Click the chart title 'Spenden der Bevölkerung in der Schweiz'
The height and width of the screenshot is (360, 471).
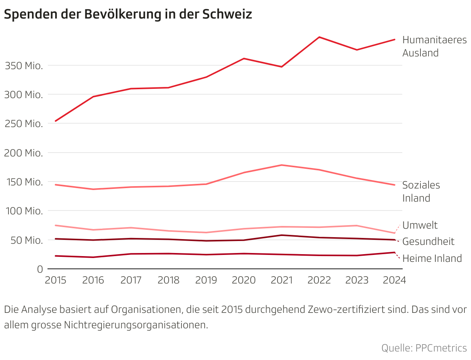(128, 14)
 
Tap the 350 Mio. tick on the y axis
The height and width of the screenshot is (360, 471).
(24, 66)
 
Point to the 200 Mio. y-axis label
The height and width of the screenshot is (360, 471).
(24, 153)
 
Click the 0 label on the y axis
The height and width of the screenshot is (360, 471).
(40, 269)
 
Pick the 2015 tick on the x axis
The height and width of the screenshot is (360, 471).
(56, 280)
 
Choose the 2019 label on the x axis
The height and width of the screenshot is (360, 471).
(206, 280)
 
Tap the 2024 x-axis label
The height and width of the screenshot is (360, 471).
(394, 280)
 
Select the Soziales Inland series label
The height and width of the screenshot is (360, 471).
(421, 192)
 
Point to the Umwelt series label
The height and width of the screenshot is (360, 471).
(420, 225)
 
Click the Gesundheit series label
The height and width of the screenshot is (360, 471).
(428, 242)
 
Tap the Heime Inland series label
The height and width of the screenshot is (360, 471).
(432, 258)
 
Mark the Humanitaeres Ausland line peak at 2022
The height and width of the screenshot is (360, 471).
(319, 37)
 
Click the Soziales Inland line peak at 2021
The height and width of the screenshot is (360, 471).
(282, 165)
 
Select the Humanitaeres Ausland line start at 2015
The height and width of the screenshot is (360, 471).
(56, 121)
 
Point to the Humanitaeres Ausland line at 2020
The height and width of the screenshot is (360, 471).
(244, 59)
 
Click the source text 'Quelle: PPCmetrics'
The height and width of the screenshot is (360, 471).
(424, 348)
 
